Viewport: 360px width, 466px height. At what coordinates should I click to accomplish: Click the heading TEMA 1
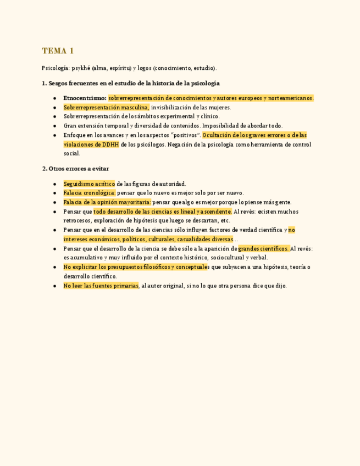[x=58, y=51]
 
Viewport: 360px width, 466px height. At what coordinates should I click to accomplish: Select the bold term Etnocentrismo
[x=85, y=98]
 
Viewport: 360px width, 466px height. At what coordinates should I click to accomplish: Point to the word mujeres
[x=219, y=107]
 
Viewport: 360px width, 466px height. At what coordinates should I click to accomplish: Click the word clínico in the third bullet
[x=209, y=116]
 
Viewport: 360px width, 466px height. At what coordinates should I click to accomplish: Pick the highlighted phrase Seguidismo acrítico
[x=89, y=184]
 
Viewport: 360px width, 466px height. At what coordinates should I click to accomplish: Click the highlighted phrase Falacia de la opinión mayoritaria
[x=107, y=202]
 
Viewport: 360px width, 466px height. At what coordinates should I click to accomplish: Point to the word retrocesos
[x=78, y=221]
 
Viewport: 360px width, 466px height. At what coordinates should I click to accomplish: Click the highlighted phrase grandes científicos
[x=263, y=248]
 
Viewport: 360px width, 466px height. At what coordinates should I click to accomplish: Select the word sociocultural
[x=224, y=258]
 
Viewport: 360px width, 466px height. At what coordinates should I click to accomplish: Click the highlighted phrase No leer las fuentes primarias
[x=101, y=286]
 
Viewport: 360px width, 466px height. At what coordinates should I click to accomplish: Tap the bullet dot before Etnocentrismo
[x=55, y=98]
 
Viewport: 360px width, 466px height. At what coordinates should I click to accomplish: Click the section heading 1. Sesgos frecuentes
[x=131, y=84]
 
